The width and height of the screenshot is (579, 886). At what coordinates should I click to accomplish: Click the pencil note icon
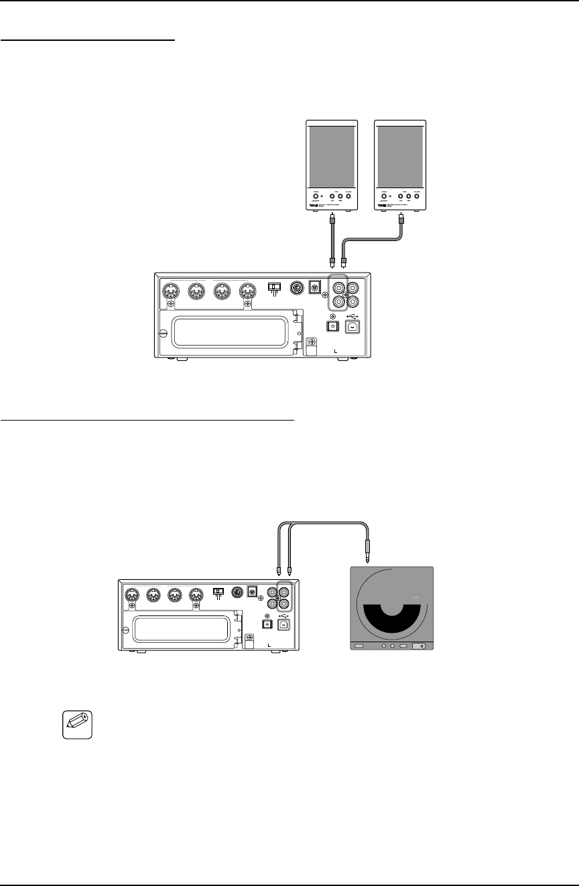click(x=74, y=725)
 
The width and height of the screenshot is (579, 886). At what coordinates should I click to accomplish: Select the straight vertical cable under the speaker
click(x=331, y=238)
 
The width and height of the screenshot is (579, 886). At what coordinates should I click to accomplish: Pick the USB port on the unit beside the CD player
click(x=286, y=623)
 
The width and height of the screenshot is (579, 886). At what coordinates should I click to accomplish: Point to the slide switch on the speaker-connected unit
click(x=273, y=287)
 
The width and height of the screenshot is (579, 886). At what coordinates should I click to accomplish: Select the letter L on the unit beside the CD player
click(x=269, y=644)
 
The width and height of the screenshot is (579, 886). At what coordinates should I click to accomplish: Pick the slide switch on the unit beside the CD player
click(x=218, y=591)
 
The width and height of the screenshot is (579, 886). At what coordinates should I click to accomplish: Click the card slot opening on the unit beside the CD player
click(x=184, y=630)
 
